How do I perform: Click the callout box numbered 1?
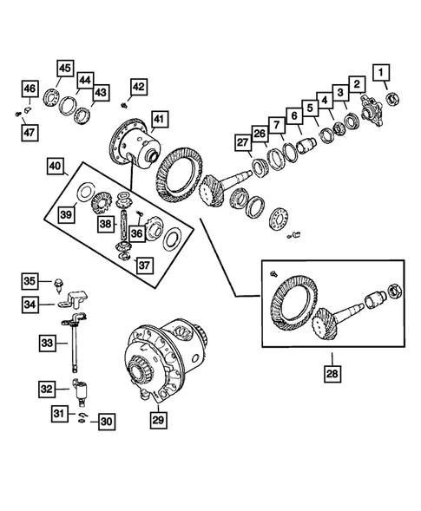[382, 72]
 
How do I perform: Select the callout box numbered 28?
[333, 374]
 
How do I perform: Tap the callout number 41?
[158, 119]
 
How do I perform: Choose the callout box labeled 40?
[55, 165]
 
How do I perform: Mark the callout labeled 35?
[30, 281]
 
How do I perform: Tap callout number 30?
[105, 423]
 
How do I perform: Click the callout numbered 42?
[140, 86]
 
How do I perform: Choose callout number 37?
[142, 265]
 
